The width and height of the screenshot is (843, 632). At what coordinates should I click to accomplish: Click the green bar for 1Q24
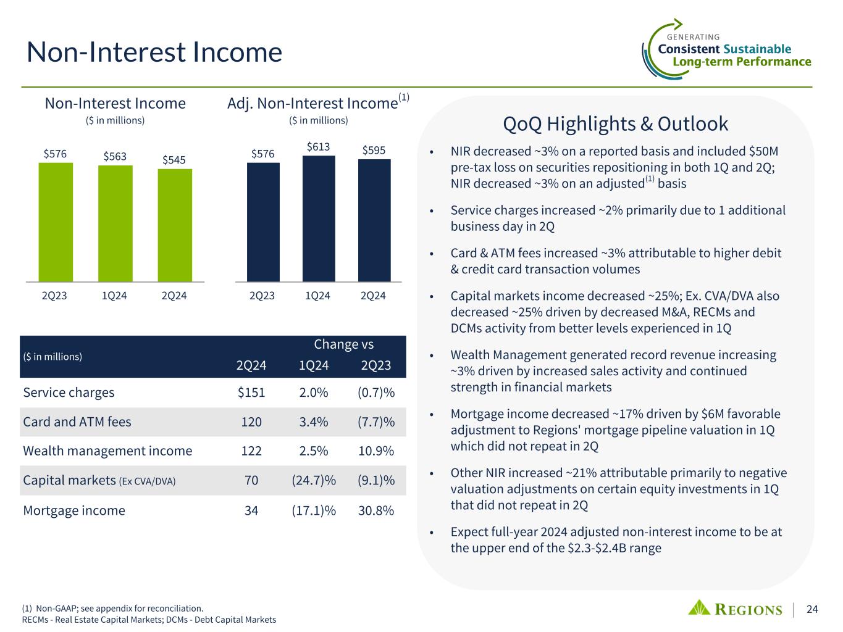click(x=115, y=223)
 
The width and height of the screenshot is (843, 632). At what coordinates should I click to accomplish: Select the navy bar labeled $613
click(x=319, y=218)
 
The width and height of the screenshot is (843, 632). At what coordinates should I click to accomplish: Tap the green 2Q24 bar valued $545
click(x=175, y=225)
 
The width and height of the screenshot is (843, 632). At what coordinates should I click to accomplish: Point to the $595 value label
click(x=374, y=150)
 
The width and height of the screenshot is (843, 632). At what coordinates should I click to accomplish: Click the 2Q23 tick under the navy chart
click(x=262, y=296)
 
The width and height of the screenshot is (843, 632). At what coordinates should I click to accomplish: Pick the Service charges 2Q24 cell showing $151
click(x=251, y=393)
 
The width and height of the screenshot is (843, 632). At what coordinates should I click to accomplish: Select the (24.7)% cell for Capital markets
click(x=314, y=480)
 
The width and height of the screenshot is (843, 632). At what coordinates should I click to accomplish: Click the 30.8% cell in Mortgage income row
click(x=376, y=510)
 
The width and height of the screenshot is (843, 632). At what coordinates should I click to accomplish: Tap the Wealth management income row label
click(x=107, y=451)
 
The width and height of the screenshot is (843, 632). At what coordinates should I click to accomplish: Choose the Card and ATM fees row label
click(x=77, y=422)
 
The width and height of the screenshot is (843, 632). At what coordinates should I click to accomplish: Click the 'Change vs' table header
click(x=344, y=344)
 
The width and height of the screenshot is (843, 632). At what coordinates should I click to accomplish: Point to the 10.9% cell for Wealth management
click(x=376, y=451)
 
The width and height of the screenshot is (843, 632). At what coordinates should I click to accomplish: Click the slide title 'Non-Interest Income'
click(x=154, y=52)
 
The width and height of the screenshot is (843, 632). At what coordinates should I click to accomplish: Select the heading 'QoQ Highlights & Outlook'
click(x=616, y=124)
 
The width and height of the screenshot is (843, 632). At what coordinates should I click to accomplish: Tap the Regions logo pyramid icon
click(x=700, y=607)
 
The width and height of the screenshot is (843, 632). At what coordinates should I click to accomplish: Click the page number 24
click(x=812, y=609)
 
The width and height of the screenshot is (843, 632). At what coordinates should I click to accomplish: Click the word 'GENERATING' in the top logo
click(x=694, y=37)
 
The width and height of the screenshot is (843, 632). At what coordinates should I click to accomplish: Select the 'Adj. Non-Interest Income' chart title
click(x=312, y=103)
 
